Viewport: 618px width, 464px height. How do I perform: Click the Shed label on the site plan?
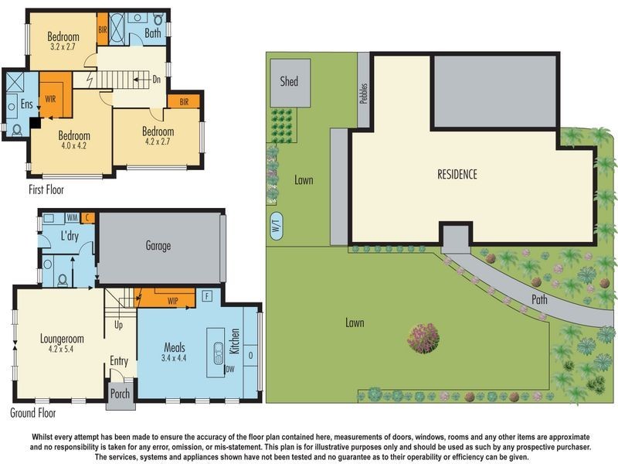[289, 81]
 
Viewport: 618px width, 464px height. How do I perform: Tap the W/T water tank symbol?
[276, 227]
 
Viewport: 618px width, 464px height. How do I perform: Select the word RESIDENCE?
[457, 174]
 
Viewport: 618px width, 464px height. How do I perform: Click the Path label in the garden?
[539, 299]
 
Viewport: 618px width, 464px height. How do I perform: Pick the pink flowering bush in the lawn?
[423, 338]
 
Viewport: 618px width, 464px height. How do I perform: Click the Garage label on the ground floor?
[158, 246]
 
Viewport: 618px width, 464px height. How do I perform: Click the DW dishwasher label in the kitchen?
[230, 370]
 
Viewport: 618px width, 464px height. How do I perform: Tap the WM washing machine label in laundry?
[72, 219]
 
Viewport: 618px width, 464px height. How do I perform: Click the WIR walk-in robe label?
[51, 100]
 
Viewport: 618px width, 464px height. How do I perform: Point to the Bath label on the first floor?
[152, 33]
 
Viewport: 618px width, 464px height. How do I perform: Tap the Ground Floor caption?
[33, 413]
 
